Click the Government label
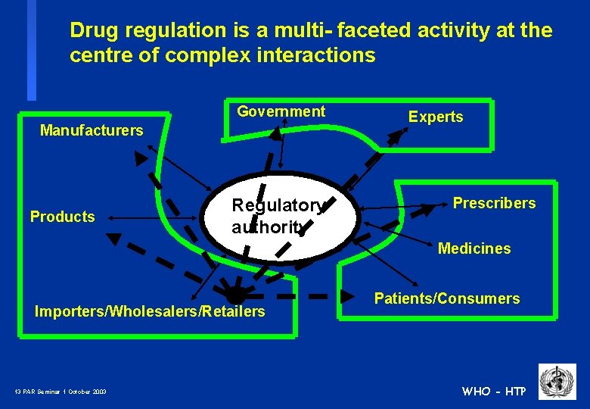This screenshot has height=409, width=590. point(281,111)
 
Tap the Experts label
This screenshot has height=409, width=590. point(436,117)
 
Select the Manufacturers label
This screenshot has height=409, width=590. point(92,130)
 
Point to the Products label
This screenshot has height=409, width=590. point(63,217)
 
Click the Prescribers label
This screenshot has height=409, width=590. point(494,203)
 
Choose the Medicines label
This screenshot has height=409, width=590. point(474,248)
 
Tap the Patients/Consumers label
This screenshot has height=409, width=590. point(447,298)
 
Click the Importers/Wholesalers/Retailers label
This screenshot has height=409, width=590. point(151,311)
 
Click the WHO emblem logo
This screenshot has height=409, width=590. point(557,382)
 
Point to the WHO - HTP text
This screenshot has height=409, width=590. point(494,391)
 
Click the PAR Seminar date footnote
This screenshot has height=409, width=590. point(61,392)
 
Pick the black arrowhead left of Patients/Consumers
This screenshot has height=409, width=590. point(347,295)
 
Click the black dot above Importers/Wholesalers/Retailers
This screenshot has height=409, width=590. point(237,295)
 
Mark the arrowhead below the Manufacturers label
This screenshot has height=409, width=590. point(141,158)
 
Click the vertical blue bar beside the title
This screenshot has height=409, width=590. point(32,50)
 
